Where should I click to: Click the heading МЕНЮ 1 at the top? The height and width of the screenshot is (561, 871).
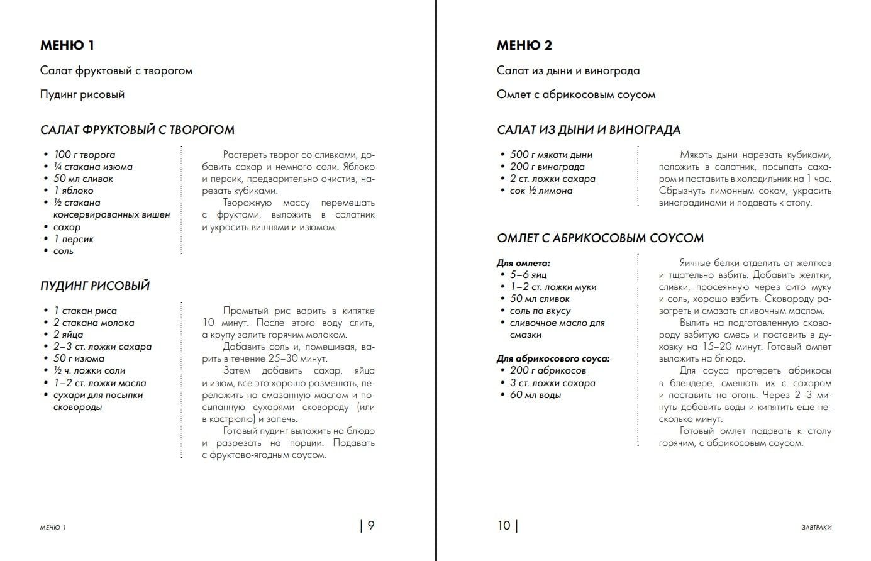coord(67,45)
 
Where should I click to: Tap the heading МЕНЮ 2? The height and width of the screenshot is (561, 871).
coord(524,45)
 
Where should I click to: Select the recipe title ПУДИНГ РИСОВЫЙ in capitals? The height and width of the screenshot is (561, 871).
coord(95,286)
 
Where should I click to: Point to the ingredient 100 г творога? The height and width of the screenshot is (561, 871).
coord(84,155)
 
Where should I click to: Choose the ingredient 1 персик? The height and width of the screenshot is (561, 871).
coord(74,239)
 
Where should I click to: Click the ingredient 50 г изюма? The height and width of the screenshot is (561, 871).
coord(79,358)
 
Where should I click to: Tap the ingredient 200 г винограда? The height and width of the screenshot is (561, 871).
coord(547,167)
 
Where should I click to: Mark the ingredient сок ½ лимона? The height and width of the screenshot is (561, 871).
coord(541,191)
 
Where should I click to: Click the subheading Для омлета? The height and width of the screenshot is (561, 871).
coord(523,263)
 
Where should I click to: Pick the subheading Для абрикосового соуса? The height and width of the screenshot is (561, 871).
coord(553,358)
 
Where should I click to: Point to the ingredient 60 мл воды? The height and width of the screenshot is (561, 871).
coord(535,395)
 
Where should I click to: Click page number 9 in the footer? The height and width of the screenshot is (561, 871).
coord(371,525)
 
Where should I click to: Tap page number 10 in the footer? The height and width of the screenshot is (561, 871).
coord(504,525)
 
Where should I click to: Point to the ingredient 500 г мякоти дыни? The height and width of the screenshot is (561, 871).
coord(551,155)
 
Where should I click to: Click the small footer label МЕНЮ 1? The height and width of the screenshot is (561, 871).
coord(53,527)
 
